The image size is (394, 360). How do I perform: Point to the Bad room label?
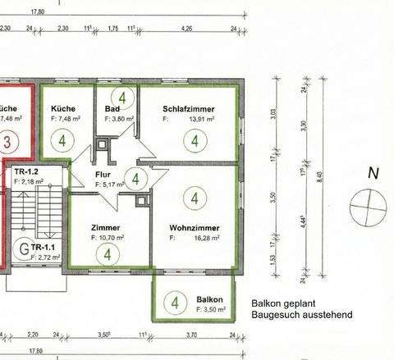tap(112, 108)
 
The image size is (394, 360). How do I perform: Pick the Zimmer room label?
tap(107, 227)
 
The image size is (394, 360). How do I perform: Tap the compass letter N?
tap(373, 173)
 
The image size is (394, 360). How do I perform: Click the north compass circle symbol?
tap(365, 203)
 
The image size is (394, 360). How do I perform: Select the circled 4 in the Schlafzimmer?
tap(195, 140)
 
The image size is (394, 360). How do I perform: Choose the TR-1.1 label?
tap(42, 247)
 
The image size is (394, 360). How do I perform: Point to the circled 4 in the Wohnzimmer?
tap(195, 198)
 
